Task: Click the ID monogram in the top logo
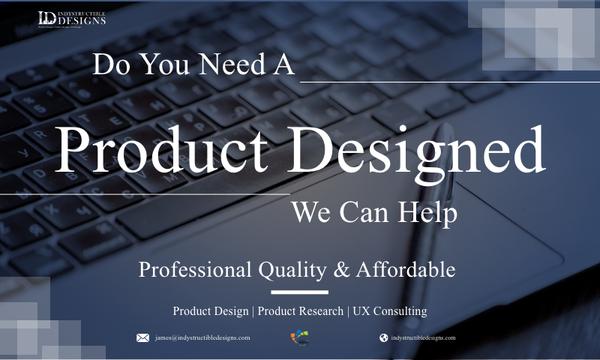(x=47, y=18)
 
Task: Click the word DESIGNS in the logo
(x=82, y=21)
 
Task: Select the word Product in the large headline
(x=168, y=151)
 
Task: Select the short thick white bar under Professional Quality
(x=300, y=292)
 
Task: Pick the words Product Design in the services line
(x=211, y=311)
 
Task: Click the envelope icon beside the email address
(x=143, y=338)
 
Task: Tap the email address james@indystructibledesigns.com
(x=201, y=338)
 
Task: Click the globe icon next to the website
(x=383, y=338)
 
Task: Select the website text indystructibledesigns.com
(x=428, y=338)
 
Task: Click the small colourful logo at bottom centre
(x=298, y=338)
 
